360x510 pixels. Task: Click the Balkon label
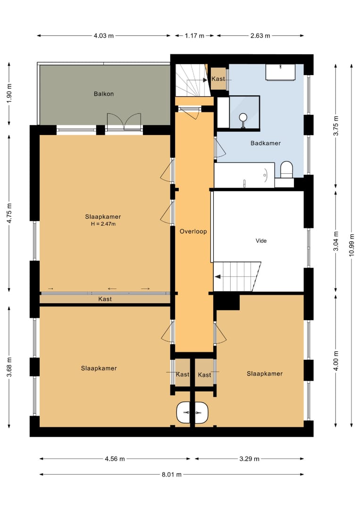point(104,94)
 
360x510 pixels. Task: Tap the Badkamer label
point(266,143)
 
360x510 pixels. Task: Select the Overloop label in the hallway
point(193,231)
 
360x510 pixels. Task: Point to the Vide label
point(261,241)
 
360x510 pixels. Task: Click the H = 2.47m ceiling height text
point(103,224)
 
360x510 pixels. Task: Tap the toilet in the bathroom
point(286,170)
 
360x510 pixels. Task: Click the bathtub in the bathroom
point(244,175)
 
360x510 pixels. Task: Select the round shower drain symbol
point(243,117)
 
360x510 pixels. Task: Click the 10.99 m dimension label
point(351,245)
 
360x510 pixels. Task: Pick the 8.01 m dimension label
point(172,475)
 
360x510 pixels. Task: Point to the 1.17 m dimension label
point(194,36)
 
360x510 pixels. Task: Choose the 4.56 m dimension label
point(115,459)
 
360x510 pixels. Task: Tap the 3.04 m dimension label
point(336,241)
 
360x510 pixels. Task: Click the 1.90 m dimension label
point(9,93)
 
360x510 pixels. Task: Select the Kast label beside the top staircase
point(218,79)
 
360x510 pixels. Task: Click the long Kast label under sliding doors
point(105,299)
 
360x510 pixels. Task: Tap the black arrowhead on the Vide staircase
point(218,277)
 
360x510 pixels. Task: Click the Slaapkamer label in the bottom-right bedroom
point(265,374)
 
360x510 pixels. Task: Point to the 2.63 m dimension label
point(260,36)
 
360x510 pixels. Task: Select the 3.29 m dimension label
point(250,459)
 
